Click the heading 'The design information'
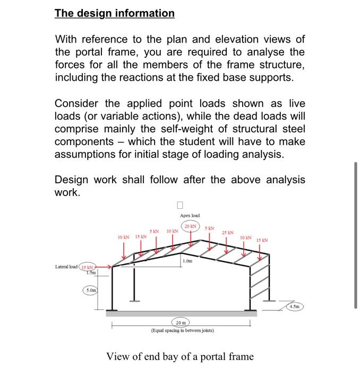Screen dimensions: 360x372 point(115,13)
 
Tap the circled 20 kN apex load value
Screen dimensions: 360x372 point(191,226)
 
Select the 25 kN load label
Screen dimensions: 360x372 point(227,233)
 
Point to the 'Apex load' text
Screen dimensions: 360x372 point(190,215)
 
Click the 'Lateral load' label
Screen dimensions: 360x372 point(66,267)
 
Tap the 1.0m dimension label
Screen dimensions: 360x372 point(187,261)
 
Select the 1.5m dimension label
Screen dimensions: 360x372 point(91,273)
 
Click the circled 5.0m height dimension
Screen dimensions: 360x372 point(91,290)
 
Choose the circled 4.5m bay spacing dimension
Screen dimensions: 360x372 point(295,307)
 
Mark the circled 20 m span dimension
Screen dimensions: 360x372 point(181,323)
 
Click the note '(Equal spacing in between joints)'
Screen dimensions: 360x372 point(183,331)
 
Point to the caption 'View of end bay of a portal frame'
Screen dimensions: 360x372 point(180,357)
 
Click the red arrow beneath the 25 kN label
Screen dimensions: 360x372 point(226,245)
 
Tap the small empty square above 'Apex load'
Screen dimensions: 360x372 point(180,205)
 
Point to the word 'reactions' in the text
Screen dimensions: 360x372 point(142,78)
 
